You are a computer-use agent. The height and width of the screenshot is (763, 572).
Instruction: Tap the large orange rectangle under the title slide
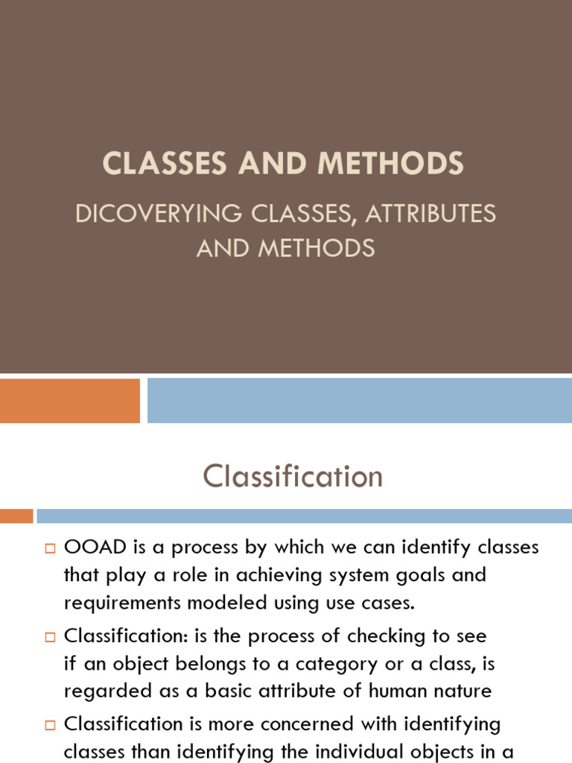point(69,400)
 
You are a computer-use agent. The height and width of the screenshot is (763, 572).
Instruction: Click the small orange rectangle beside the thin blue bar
point(16,516)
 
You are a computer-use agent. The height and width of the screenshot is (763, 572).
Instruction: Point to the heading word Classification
point(293,476)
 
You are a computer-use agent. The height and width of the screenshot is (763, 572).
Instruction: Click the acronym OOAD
point(92,548)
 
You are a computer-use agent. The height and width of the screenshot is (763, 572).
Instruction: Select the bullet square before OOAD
point(51,549)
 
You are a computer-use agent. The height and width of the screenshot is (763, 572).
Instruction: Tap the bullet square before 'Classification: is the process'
point(51,637)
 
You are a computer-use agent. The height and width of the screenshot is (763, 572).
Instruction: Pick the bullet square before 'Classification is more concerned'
point(51,725)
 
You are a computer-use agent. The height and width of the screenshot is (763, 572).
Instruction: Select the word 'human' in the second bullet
point(410,691)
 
